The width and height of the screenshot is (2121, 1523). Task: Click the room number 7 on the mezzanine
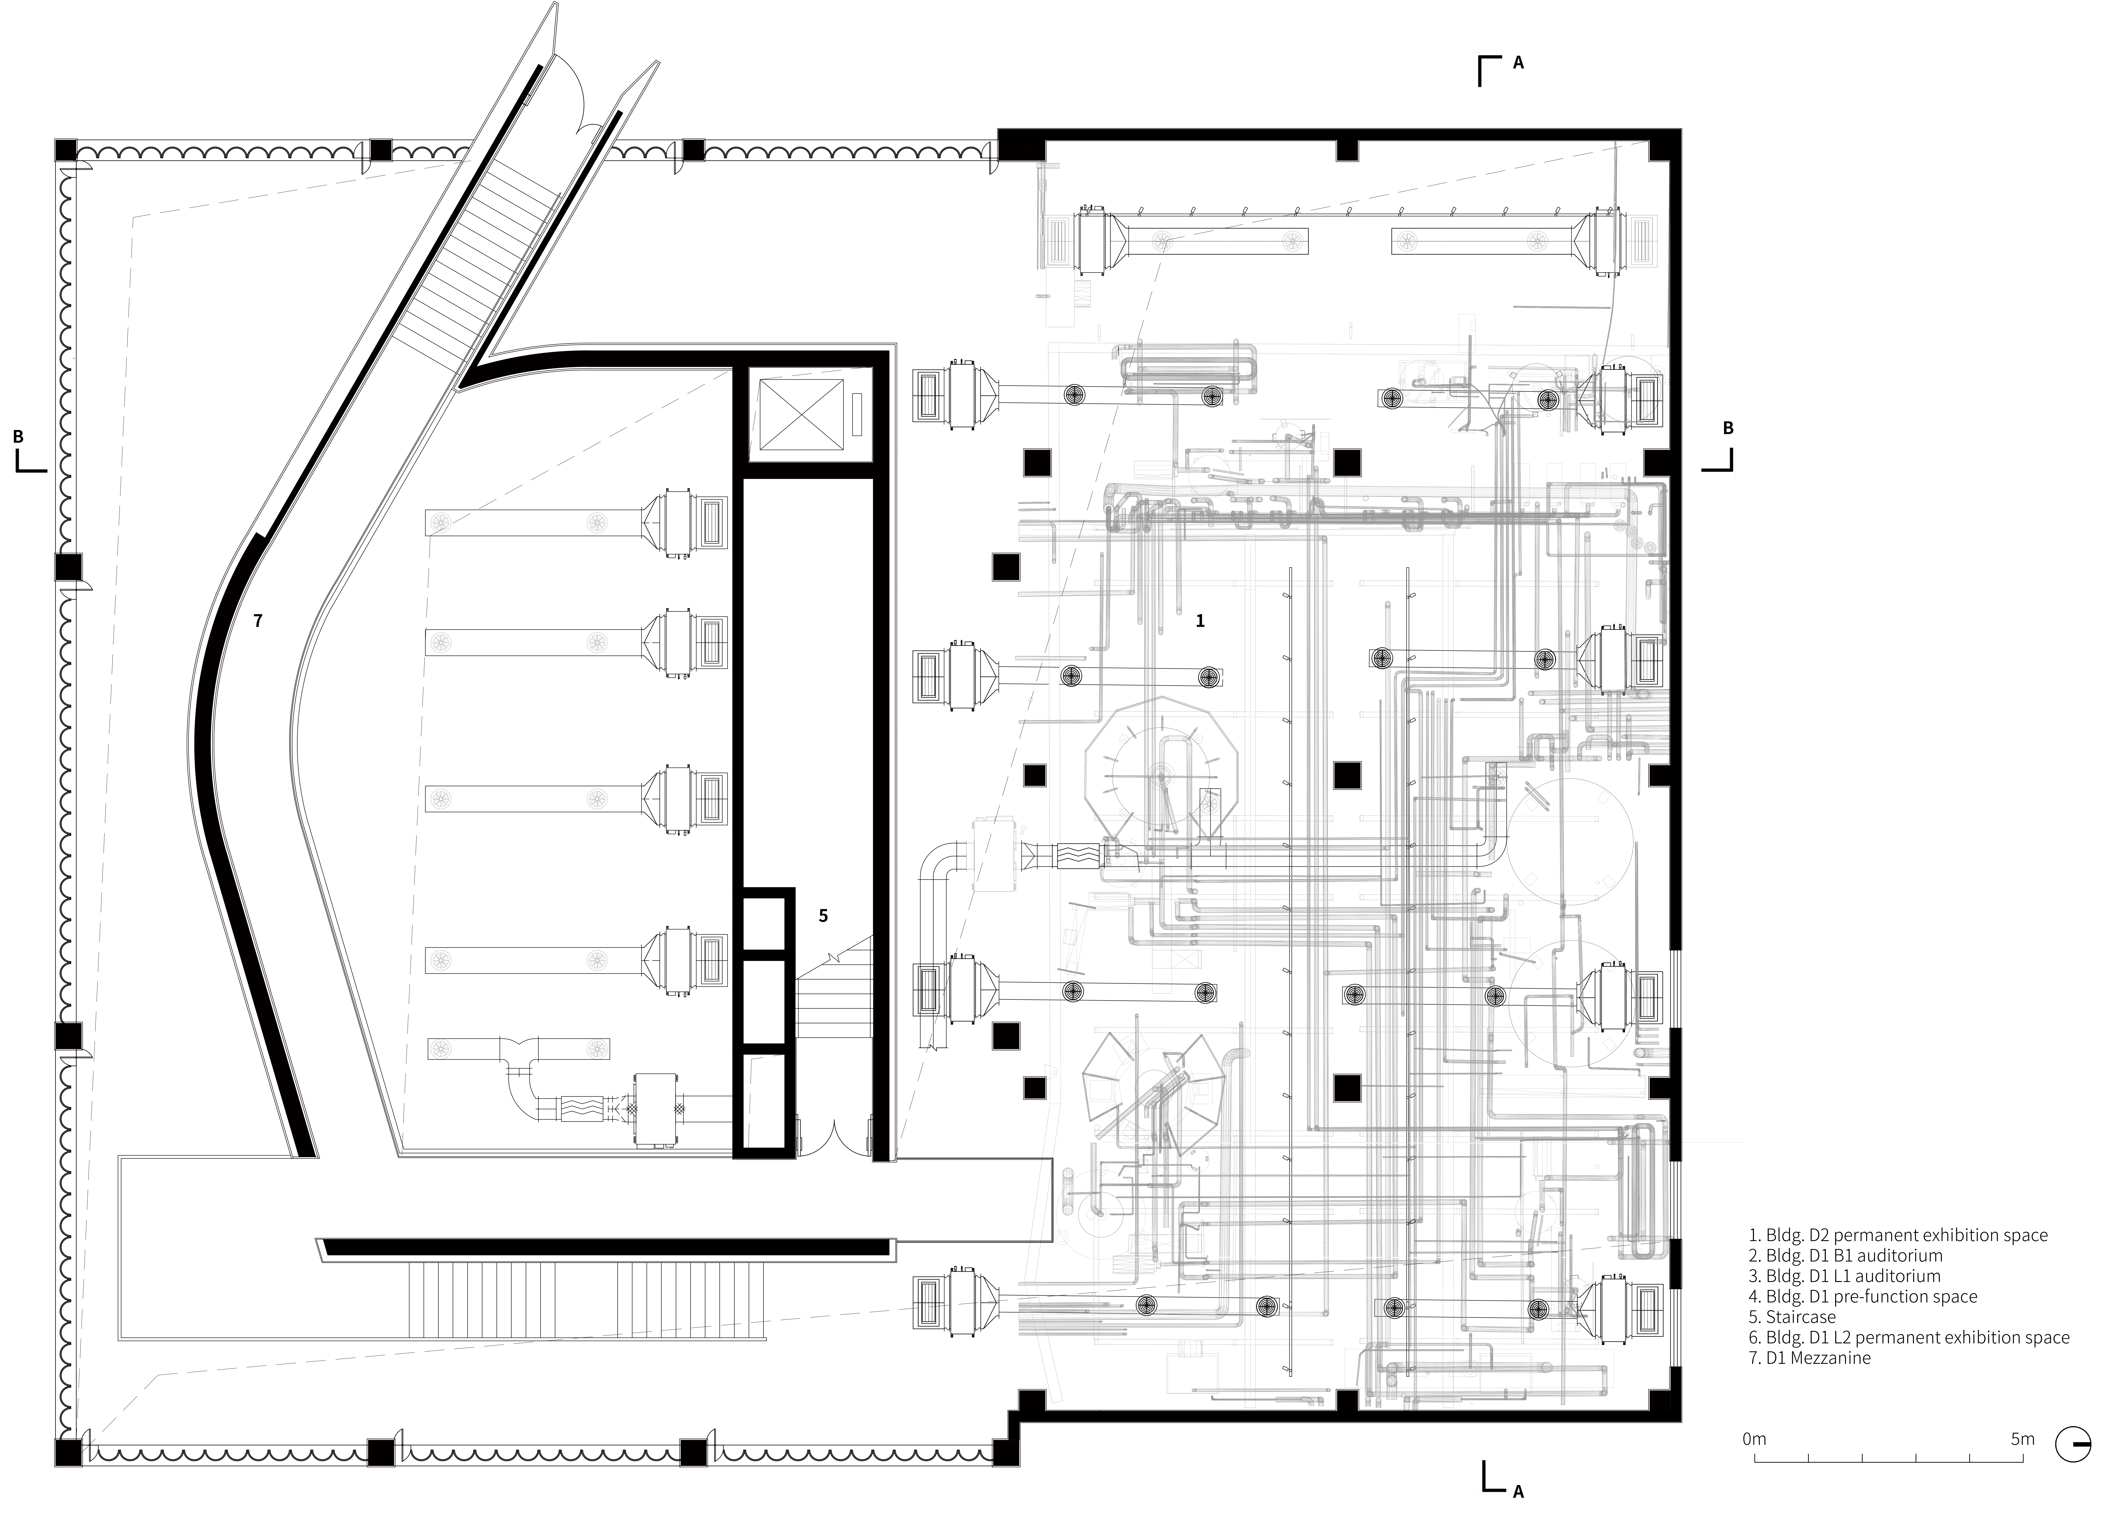(x=258, y=620)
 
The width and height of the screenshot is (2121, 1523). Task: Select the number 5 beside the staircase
(x=823, y=916)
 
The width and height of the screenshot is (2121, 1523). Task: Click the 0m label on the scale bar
(x=1755, y=1465)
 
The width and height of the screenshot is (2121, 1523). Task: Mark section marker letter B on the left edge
(x=18, y=436)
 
